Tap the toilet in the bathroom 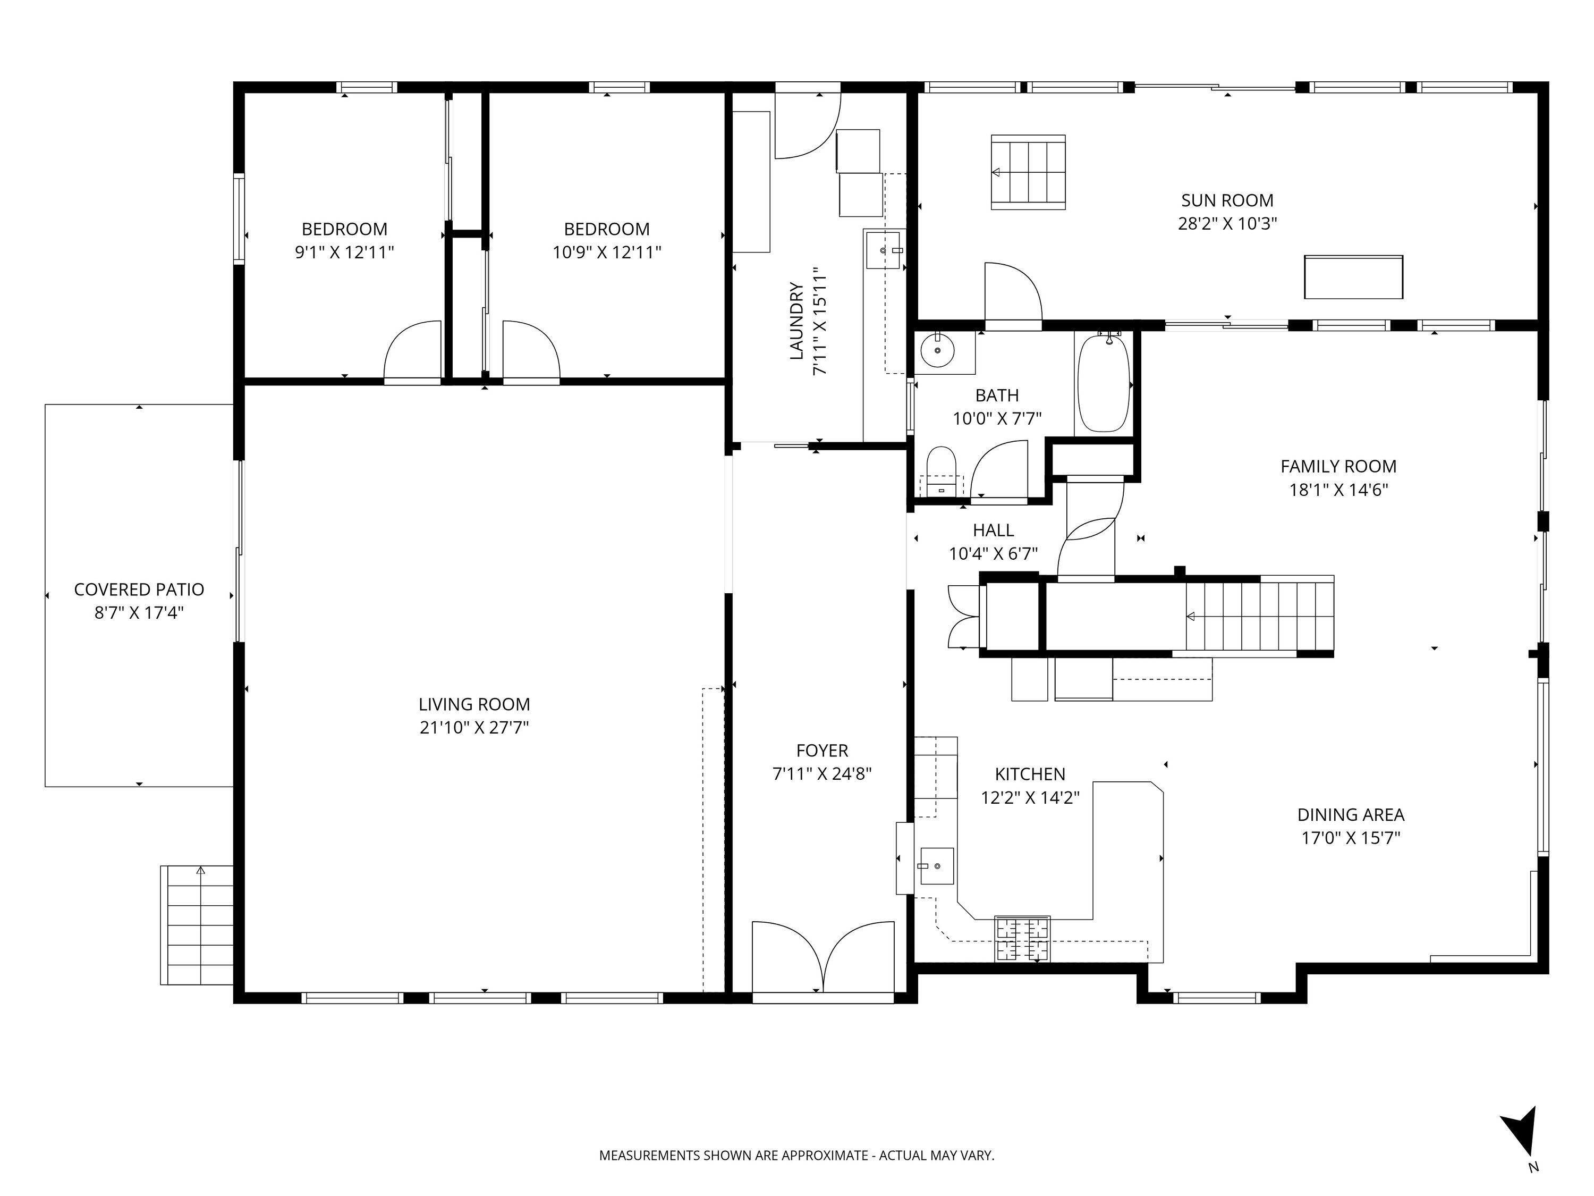pyautogui.click(x=940, y=471)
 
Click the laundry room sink pyautogui.click(x=884, y=249)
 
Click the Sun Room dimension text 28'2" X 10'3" pyautogui.click(x=1227, y=223)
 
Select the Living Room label pyautogui.click(x=474, y=704)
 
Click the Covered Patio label pyautogui.click(x=139, y=589)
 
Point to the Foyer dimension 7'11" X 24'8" pyautogui.click(x=822, y=773)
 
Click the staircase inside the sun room pyautogui.click(x=1028, y=172)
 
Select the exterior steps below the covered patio pyautogui.click(x=197, y=925)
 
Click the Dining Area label pyautogui.click(x=1351, y=815)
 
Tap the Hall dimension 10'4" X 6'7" pyautogui.click(x=993, y=554)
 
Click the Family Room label pyautogui.click(x=1338, y=466)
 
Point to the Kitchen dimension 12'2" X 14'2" pyautogui.click(x=1030, y=797)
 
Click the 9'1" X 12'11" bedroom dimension pyautogui.click(x=344, y=252)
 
